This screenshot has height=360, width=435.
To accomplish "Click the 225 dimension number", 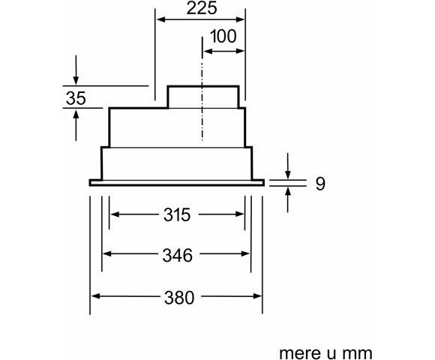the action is pyautogui.click(x=202, y=8).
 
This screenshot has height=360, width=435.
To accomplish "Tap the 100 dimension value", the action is pyautogui.click(x=223, y=36).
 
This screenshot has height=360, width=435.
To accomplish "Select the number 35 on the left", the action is pyautogui.click(x=76, y=98).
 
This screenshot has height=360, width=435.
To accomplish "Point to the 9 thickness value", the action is pyautogui.click(x=320, y=183).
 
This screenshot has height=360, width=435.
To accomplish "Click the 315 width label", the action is pyautogui.click(x=177, y=214).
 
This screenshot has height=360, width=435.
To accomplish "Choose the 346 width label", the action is pyautogui.click(x=178, y=255).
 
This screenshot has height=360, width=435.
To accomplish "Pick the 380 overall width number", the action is pyautogui.click(x=179, y=298).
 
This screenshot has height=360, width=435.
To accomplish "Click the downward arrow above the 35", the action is pyautogui.click(x=76, y=70).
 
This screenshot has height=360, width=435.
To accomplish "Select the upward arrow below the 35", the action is pyautogui.click(x=76, y=125).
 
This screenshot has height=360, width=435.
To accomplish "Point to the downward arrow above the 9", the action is pyautogui.click(x=288, y=166).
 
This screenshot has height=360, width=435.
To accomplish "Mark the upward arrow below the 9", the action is pyautogui.click(x=288, y=200).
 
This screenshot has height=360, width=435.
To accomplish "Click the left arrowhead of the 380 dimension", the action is pyautogui.click(x=95, y=296).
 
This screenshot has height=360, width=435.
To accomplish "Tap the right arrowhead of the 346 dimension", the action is pyautogui.click(x=245, y=253).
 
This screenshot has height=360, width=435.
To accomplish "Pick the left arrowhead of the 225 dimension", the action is pyautogui.click(x=161, y=19).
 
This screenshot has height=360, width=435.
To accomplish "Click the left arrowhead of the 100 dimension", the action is pyautogui.click(x=208, y=51).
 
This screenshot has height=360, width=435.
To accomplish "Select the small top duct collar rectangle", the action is pyautogui.click(x=203, y=97).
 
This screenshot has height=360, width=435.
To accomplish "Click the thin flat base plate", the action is pyautogui.click(x=177, y=183).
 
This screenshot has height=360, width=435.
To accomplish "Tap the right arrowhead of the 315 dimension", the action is pyautogui.click(x=240, y=214).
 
